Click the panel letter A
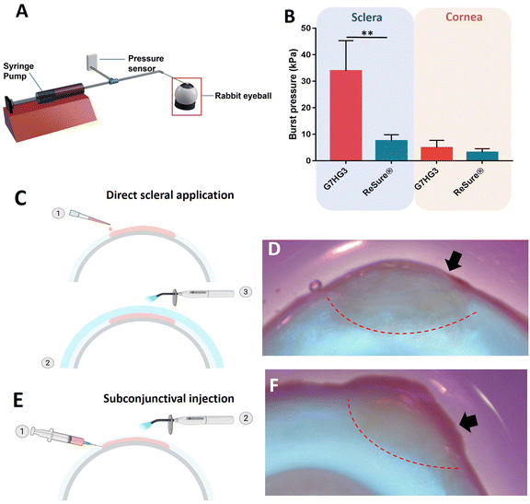pyautogui.click(x=22, y=11)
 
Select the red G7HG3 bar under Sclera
pyautogui.click(x=346, y=115)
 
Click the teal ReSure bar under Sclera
pyautogui.click(x=391, y=150)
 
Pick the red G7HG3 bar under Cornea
pyautogui.click(x=437, y=154)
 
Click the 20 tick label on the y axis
pyautogui.click(x=305, y=108)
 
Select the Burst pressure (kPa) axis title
pyautogui.click(x=293, y=94)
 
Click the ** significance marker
pyautogui.click(x=367, y=33)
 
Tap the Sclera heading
pyautogui.click(x=366, y=18)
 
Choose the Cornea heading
pyautogui.click(x=464, y=17)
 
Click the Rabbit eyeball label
pyautogui.click(x=243, y=96)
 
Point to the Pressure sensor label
pyautogui.click(x=145, y=64)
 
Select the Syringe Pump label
pyautogui.click(x=18, y=71)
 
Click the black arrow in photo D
pyautogui.click(x=453, y=262)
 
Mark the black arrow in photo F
pyautogui.click(x=468, y=422)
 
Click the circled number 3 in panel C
pyautogui.click(x=246, y=292)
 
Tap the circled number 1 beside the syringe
pyautogui.click(x=22, y=431)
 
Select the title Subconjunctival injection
pyautogui.click(x=168, y=398)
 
